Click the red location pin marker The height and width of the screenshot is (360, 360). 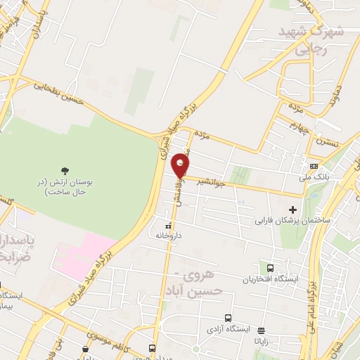point(181,165)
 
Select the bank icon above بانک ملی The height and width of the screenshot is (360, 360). point(313,166)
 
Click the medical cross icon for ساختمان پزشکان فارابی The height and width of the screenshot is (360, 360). point(293,210)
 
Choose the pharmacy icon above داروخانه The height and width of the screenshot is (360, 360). point(168,226)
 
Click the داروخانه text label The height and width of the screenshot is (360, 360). point(169,236)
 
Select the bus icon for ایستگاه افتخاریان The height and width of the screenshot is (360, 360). point(271,267)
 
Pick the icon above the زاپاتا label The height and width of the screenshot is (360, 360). point(261,330)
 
